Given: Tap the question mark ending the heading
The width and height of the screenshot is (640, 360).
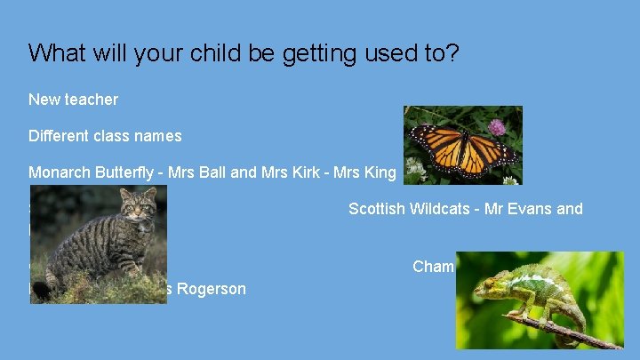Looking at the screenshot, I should (x=452, y=53).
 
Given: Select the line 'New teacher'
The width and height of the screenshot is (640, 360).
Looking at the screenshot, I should (x=73, y=100).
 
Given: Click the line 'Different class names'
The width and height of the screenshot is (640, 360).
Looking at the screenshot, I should (x=105, y=136).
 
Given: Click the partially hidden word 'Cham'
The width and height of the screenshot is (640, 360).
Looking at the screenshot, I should (x=434, y=267).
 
